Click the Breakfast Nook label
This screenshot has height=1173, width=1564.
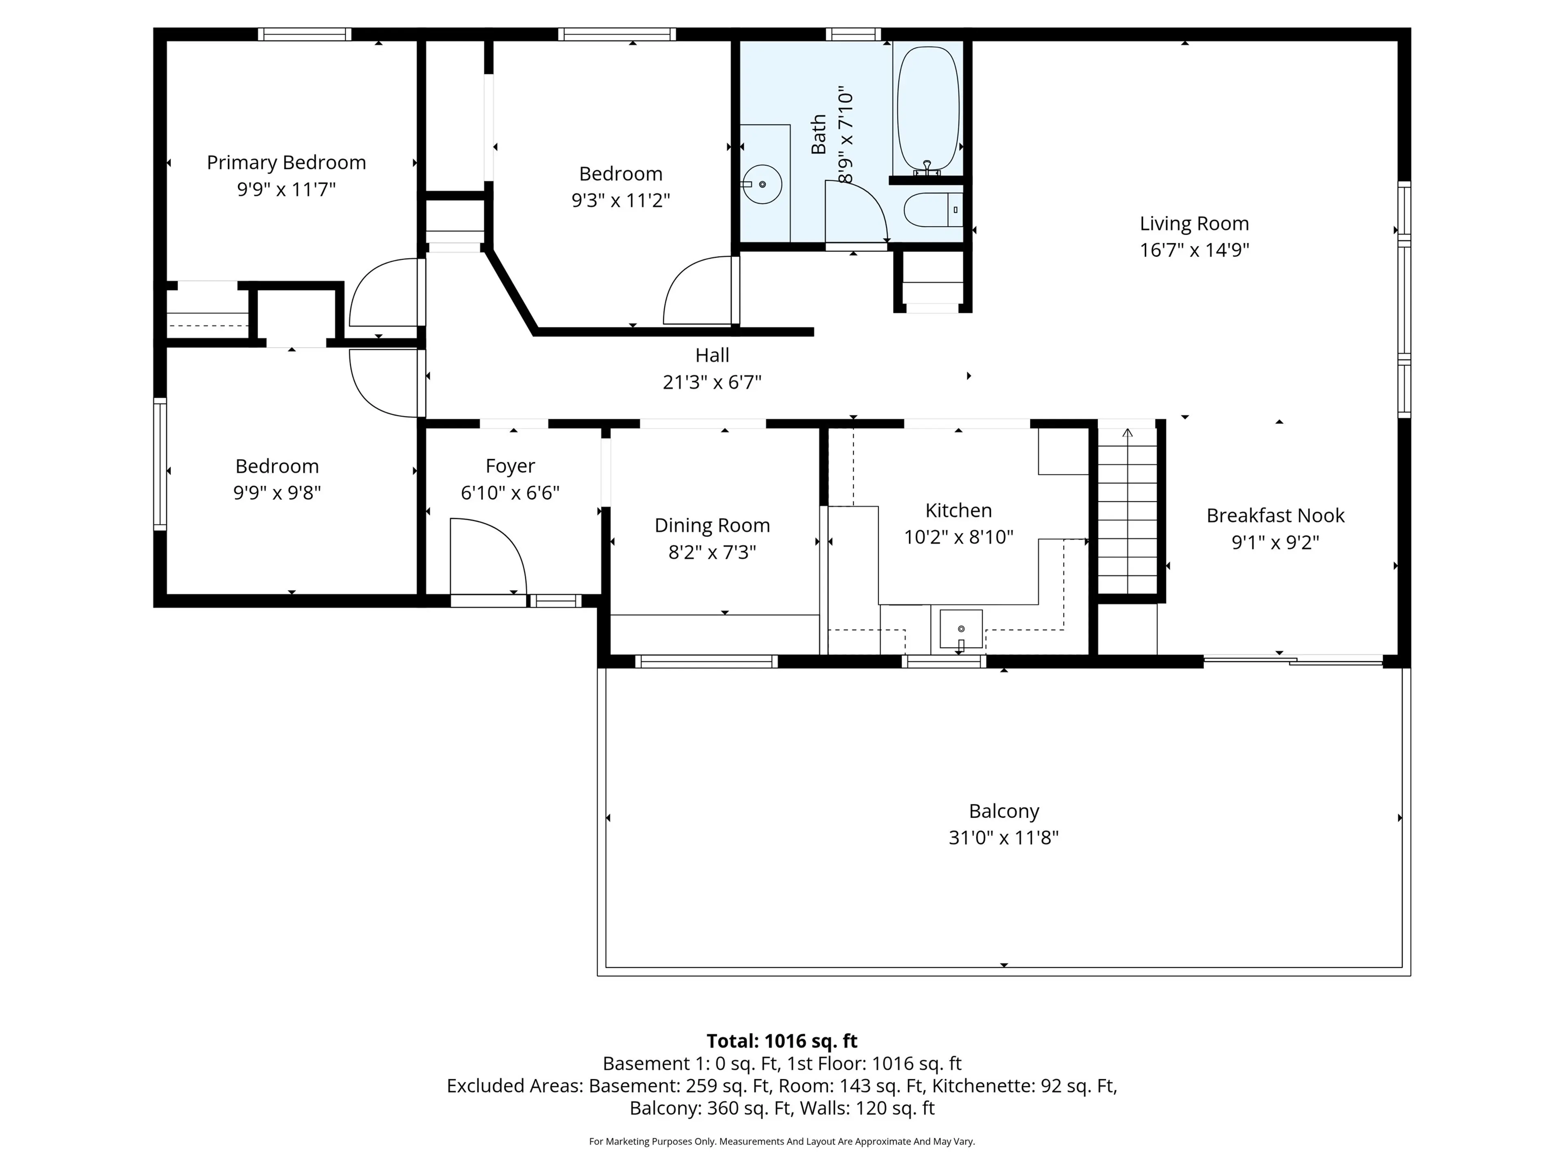[1275, 516]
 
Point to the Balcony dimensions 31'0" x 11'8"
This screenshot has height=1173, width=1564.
[1003, 838]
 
